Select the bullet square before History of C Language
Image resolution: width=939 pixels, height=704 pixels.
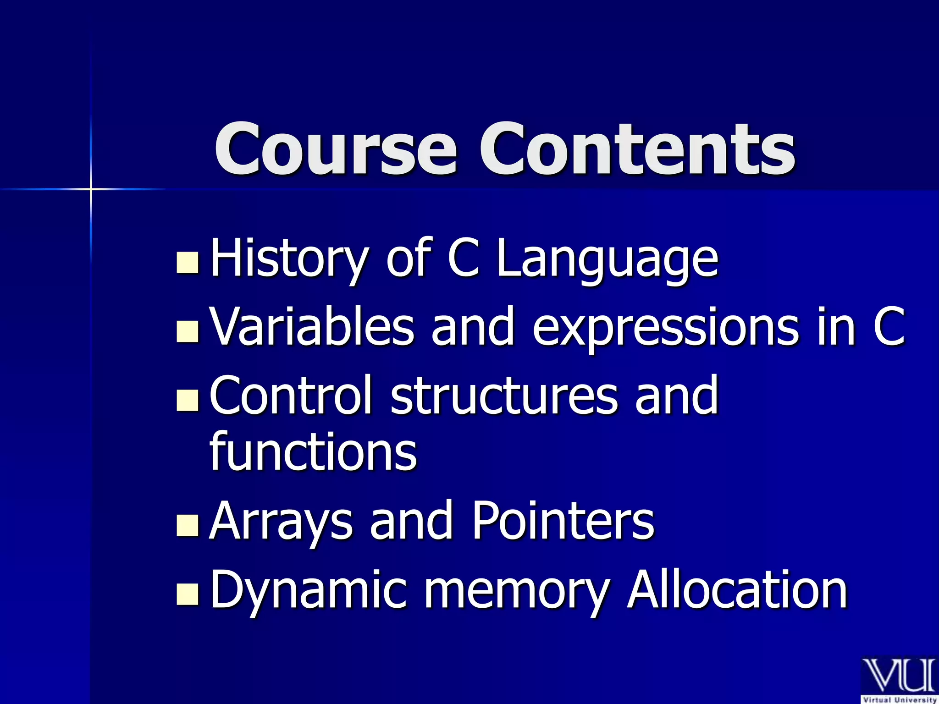pyautogui.click(x=188, y=263)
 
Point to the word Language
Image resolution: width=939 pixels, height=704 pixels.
pyautogui.click(x=608, y=259)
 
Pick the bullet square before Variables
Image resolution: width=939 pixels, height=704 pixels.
pyautogui.click(x=188, y=331)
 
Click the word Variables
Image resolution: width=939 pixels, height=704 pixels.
pyautogui.click(x=312, y=326)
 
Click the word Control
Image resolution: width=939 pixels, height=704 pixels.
pyautogui.click(x=290, y=395)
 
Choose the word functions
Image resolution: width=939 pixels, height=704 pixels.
pyautogui.click(x=313, y=451)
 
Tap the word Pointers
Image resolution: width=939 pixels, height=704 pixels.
pyautogui.click(x=563, y=520)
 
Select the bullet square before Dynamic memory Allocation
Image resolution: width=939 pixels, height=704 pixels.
pyautogui.click(x=188, y=594)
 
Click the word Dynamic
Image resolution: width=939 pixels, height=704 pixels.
pyautogui.click(x=308, y=590)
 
